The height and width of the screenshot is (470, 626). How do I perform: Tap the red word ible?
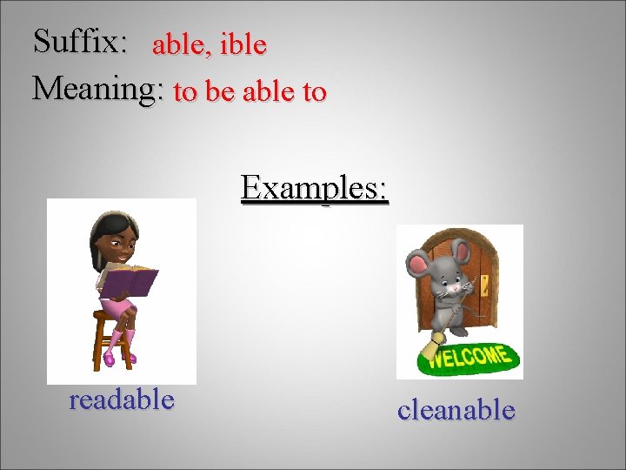[x=243, y=44]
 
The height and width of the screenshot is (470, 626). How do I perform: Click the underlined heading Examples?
[x=315, y=187]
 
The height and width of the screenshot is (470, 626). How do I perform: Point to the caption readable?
[x=122, y=400]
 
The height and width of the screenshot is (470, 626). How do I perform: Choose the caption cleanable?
[x=456, y=410]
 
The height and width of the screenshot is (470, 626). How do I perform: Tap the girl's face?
[x=120, y=246]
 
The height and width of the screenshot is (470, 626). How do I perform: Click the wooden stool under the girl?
[x=113, y=344]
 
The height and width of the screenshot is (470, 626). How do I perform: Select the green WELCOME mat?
[x=469, y=358]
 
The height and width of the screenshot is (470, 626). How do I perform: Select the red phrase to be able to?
[x=250, y=91]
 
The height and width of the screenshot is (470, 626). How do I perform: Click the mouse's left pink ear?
[x=418, y=262]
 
